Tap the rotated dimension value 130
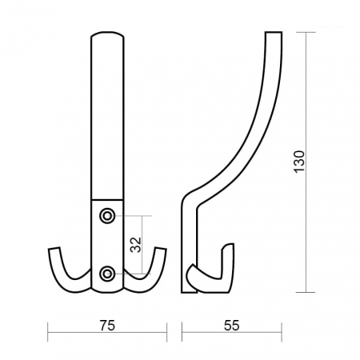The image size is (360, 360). (298, 160)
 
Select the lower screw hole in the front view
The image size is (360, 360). (107, 274)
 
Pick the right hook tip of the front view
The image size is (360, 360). (161, 251)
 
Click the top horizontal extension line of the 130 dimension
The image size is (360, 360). (296, 30)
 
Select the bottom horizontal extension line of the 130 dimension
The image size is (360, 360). (296, 292)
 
